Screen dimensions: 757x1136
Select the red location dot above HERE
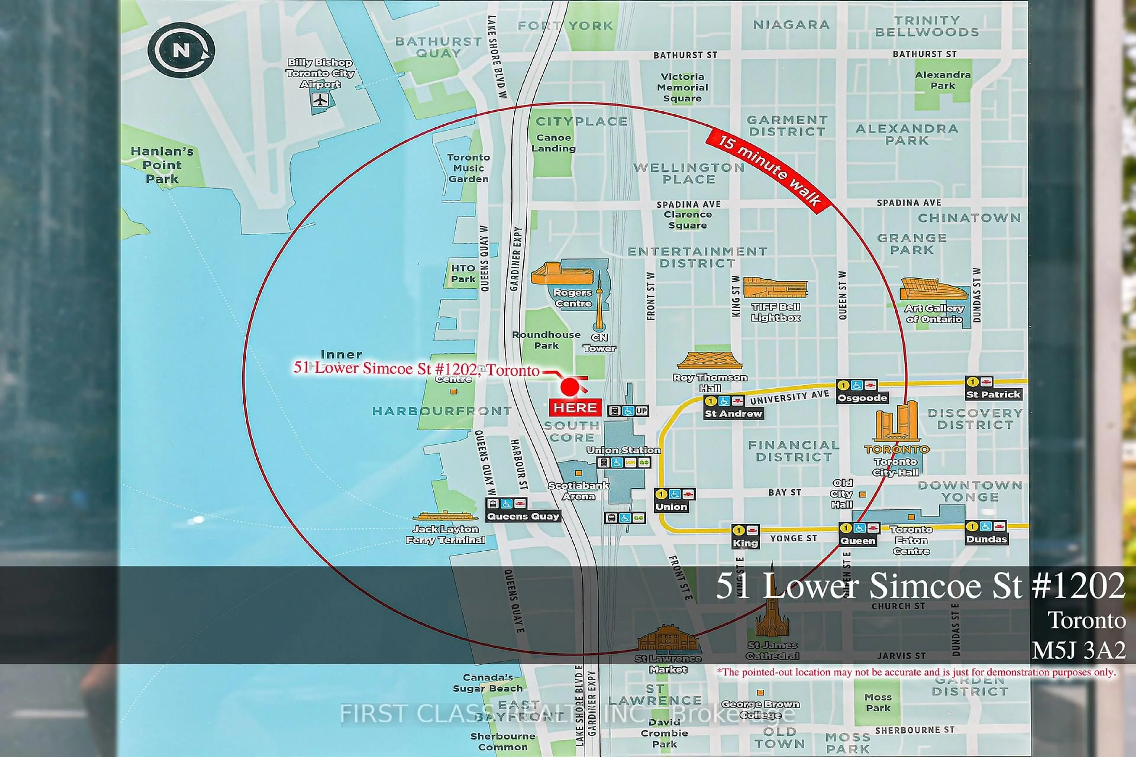(570, 387)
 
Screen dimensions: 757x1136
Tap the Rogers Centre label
(573, 298)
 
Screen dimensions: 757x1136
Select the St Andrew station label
(733, 413)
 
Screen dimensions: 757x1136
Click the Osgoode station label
(862, 398)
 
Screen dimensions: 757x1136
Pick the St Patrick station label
(993, 394)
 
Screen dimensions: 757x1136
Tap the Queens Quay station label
(523, 516)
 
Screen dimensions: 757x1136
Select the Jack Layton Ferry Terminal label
(445, 534)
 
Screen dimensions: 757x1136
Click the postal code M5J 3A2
(1079, 650)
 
